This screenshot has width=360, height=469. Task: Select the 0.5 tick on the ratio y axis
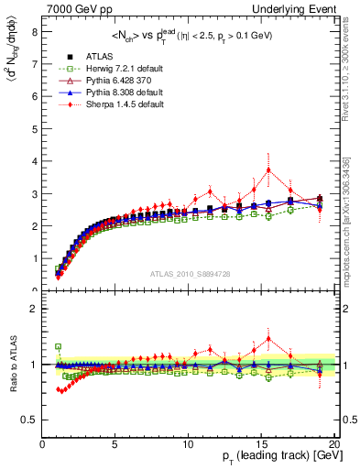[x=28, y=420]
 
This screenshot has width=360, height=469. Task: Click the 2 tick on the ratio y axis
[x=33, y=309]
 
